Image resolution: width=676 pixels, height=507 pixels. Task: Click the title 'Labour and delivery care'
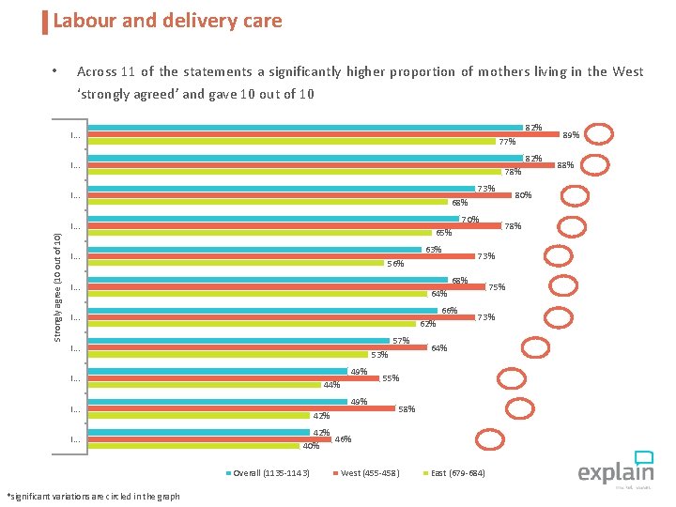167,21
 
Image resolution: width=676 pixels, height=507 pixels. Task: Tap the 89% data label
571,135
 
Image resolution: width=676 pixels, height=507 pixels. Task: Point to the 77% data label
507,143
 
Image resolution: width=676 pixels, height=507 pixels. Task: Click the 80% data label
523,195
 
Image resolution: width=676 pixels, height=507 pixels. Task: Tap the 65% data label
443,233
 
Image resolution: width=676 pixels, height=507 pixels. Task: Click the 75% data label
497,287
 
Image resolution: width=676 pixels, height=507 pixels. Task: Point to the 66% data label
449,311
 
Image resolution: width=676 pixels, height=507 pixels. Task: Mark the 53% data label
379,355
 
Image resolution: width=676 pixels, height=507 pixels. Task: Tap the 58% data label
407,409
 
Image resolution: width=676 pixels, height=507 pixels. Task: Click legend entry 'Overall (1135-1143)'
270,472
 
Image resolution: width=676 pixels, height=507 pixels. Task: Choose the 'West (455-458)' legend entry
369,472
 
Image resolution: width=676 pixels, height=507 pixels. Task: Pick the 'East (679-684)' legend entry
457,472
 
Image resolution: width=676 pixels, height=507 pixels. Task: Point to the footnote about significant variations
93,496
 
